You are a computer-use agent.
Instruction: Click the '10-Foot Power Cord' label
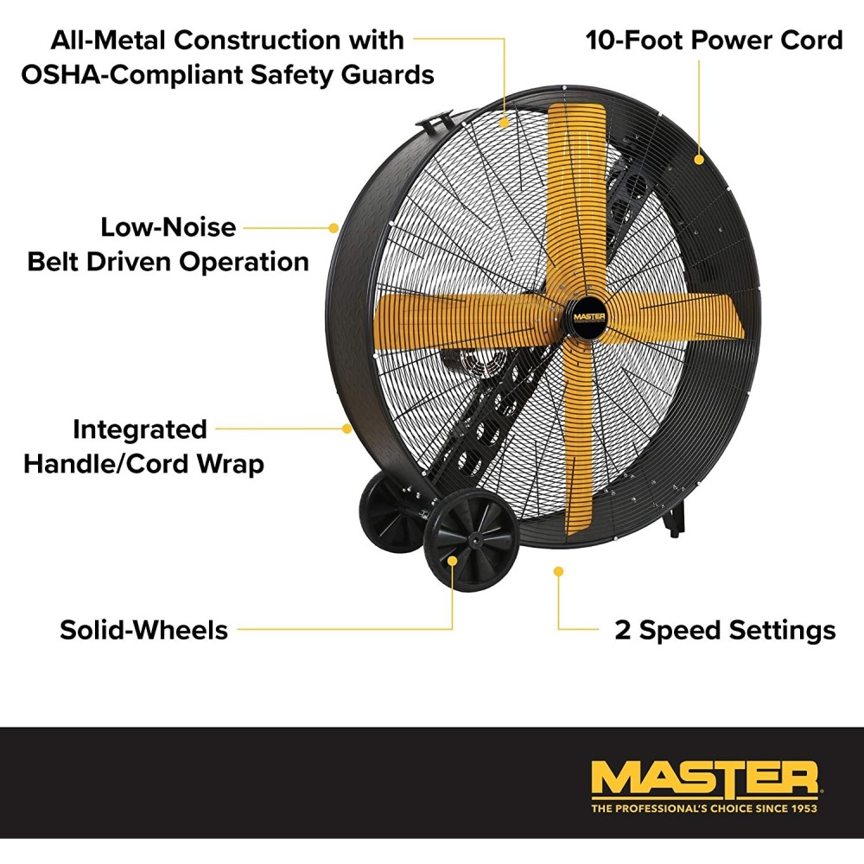point(714,40)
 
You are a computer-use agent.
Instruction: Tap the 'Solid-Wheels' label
point(143,630)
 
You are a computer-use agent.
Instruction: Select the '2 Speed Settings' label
point(725,630)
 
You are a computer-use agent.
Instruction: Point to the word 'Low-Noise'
point(168,227)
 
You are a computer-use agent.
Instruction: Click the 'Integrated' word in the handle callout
point(139,429)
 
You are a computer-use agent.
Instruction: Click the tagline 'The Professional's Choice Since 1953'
point(703,809)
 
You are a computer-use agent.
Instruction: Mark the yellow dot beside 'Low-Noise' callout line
point(334,227)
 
